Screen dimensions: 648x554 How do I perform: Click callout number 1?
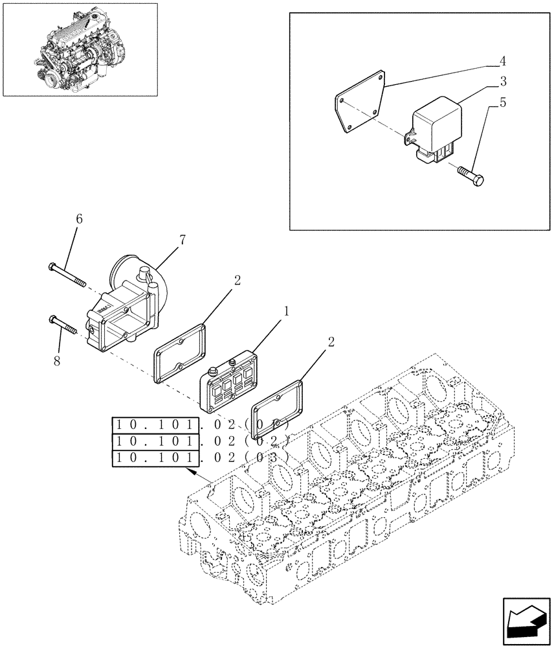click(285, 312)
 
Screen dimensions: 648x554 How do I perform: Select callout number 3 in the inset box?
click(502, 82)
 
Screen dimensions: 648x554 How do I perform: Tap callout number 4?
click(502, 62)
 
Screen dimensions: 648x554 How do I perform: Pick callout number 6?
click(79, 219)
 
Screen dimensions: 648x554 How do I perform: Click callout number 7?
click(183, 240)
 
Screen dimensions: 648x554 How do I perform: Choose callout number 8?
click(57, 361)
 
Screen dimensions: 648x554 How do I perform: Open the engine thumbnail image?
click(80, 49)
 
